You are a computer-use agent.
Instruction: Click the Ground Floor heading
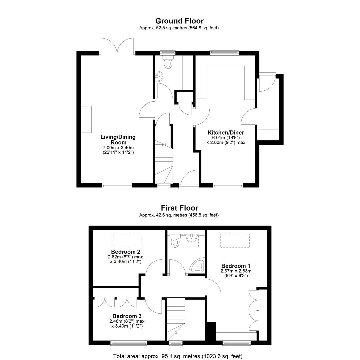click(179, 21)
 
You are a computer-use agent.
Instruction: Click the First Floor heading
click(179, 208)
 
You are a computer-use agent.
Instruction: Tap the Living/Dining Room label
click(118, 140)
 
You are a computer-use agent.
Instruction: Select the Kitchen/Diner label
click(226, 132)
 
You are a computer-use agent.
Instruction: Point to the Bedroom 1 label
click(236, 266)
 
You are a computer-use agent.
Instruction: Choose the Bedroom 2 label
click(126, 252)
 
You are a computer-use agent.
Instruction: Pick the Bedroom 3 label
click(127, 316)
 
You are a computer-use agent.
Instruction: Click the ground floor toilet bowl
click(168, 63)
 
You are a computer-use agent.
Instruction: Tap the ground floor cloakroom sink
click(159, 76)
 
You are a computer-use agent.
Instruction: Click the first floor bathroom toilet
click(176, 242)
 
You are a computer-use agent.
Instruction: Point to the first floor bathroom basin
click(191, 238)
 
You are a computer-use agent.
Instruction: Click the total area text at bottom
click(178, 356)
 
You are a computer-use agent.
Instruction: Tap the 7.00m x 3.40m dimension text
click(118, 148)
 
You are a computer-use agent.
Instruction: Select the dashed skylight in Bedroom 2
click(127, 240)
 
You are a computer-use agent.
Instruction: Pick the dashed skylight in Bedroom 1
click(235, 241)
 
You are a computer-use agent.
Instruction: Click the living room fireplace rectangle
click(86, 119)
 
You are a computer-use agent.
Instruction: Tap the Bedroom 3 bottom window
click(129, 343)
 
